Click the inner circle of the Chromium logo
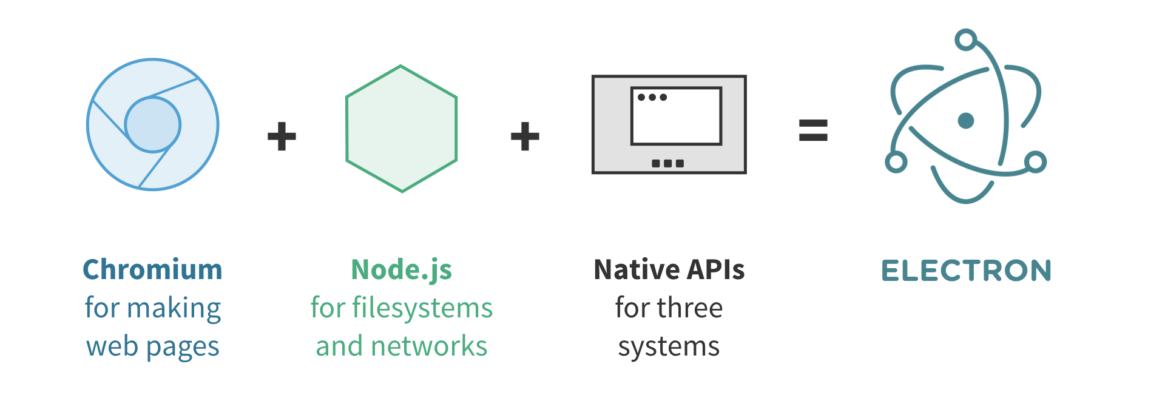[x=153, y=124]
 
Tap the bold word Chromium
[x=153, y=270]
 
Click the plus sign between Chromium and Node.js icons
[x=282, y=136]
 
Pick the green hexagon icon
[x=401, y=129]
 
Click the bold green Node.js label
[x=402, y=270]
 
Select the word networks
[x=429, y=346]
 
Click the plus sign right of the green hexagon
[x=525, y=136]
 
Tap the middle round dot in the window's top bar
[x=652, y=97]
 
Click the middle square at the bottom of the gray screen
[x=667, y=163]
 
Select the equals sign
[x=813, y=130]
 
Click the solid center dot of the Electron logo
[x=966, y=121]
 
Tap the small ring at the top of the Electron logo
[x=965, y=40]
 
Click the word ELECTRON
[x=966, y=271]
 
